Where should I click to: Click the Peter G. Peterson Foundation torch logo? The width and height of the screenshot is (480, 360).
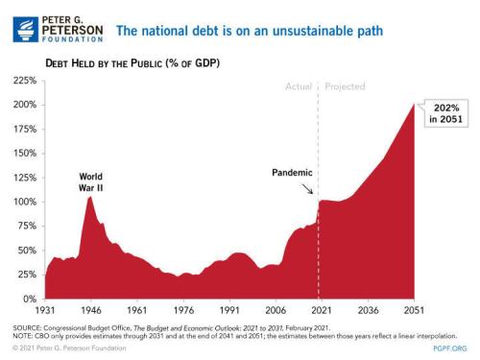[27, 30]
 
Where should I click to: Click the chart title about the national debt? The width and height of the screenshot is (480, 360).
[244, 30]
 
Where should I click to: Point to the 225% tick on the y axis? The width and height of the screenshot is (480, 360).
[25, 81]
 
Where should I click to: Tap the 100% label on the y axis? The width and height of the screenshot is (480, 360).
[25, 202]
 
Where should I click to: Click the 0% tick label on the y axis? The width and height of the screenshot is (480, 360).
[30, 300]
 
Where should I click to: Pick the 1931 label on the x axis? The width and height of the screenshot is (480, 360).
[44, 312]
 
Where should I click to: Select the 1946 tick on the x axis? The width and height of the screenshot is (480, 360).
[89, 312]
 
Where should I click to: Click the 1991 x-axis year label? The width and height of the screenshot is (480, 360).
[229, 312]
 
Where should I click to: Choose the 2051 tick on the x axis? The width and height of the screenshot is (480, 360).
[414, 312]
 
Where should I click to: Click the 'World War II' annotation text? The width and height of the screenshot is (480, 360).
[90, 182]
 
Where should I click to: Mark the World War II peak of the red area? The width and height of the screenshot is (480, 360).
[89, 197]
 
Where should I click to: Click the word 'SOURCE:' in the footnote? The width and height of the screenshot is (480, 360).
[26, 325]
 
